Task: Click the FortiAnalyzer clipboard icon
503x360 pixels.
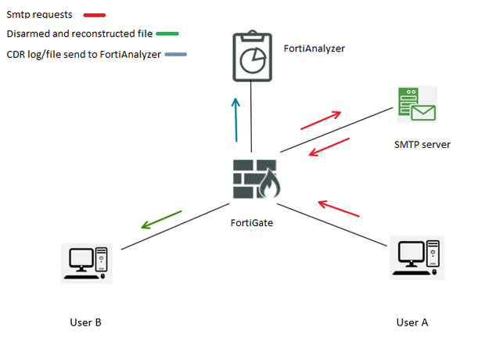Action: coord(252,56)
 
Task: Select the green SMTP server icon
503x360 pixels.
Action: coord(415,104)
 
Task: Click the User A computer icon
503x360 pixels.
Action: coord(415,259)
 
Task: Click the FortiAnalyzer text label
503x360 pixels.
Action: coord(314,49)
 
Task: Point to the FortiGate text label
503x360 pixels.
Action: coord(251,223)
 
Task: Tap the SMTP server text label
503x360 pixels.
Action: coord(422,145)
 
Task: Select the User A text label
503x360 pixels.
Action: coord(412,322)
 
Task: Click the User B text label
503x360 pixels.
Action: coord(85,322)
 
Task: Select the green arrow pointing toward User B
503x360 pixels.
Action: coord(161,220)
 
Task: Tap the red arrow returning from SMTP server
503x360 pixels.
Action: coord(329,146)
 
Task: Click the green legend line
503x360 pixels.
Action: coord(167,34)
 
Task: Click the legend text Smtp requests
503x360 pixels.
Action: coord(39,14)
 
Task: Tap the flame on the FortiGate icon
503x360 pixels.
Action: coord(271,186)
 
